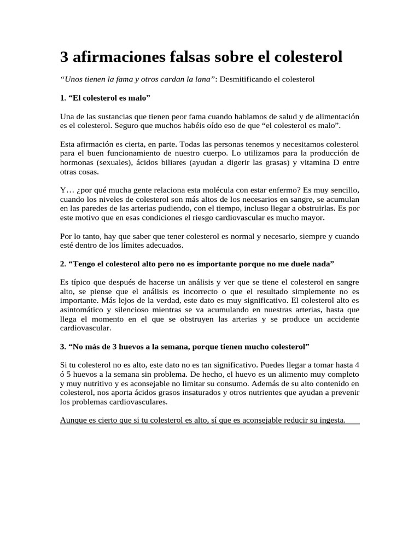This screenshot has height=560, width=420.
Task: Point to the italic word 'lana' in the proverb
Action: pyautogui.click(x=202, y=79)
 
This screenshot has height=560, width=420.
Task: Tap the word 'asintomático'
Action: pyautogui.click(x=82, y=310)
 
